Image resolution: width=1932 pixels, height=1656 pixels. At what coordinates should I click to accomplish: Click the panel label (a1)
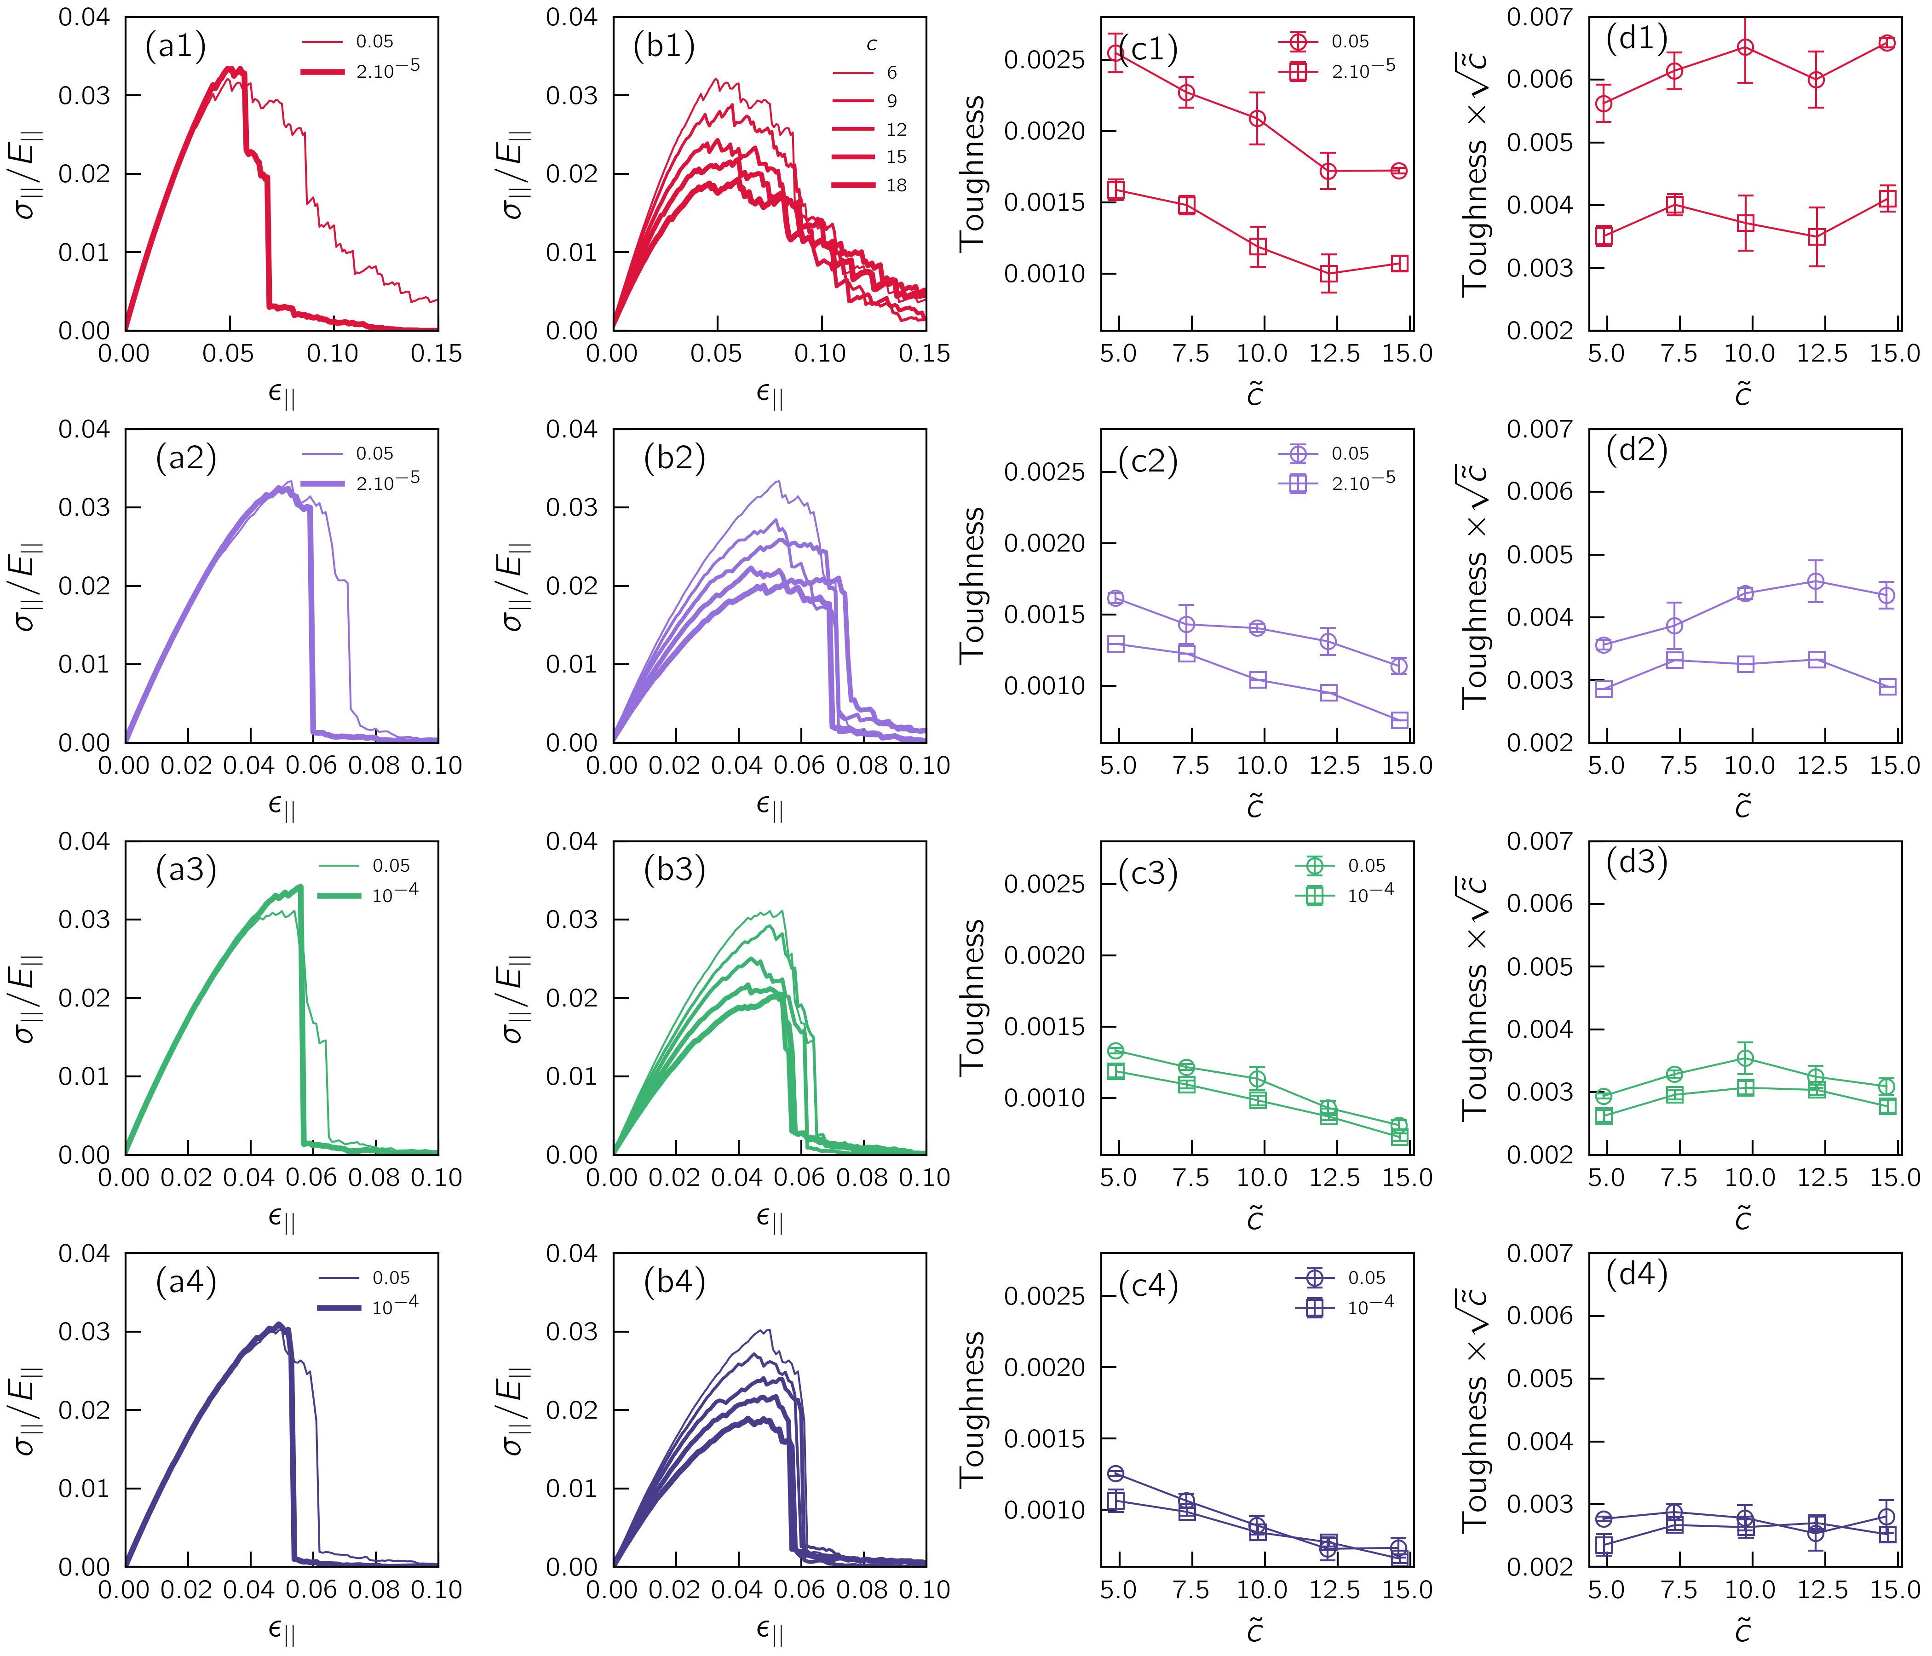pyautogui.click(x=175, y=46)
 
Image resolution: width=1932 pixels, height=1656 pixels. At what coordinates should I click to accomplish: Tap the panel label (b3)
pyautogui.click(x=674, y=870)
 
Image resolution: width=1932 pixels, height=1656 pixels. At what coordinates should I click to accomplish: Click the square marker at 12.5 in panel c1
pyautogui.click(x=1329, y=274)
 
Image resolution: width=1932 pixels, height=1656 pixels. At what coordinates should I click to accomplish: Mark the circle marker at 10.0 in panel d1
pyautogui.click(x=1746, y=47)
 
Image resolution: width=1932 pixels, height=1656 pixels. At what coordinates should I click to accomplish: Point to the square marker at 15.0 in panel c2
pyautogui.click(x=1399, y=720)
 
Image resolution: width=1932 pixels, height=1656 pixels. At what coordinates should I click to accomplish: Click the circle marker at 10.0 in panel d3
pyautogui.click(x=1746, y=1058)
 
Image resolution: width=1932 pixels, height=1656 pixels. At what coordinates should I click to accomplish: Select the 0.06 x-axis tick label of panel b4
pyautogui.click(x=800, y=1591)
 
